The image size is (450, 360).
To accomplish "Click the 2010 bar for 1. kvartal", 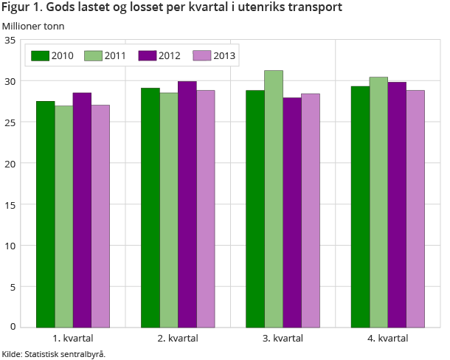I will [45, 214].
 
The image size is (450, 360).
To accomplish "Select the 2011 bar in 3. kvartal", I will [274, 198].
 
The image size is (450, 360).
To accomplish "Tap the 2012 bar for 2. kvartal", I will [187, 204].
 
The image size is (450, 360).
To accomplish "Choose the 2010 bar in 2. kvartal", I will [150, 207].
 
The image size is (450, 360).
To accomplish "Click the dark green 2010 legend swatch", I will [40, 55].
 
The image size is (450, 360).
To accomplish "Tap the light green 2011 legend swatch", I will [93, 55].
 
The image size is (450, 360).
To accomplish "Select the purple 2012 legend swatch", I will [147, 55].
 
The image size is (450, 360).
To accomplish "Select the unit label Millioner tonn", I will [33, 26].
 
